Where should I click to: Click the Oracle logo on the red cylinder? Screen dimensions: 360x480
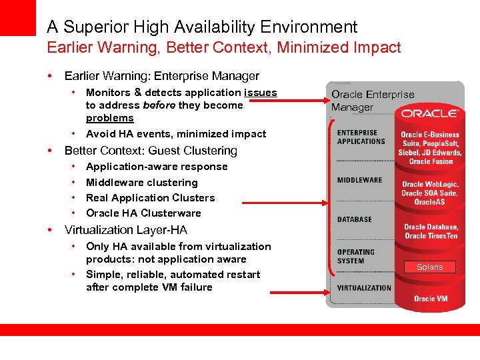pos(430,114)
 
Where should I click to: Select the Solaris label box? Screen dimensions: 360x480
pos(429,267)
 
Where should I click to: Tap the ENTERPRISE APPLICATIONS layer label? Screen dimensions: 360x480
pos(361,137)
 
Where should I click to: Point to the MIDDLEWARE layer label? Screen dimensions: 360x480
pos(360,180)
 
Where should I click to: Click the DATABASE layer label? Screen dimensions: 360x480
pos(355,219)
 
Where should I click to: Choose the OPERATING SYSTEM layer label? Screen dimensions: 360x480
pos(356,257)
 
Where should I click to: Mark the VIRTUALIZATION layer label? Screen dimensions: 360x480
pos(364,288)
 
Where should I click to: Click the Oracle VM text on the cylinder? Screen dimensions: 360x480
pos(430,298)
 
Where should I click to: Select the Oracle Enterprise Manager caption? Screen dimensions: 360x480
pos(373,101)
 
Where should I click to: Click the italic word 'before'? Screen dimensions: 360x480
pos(159,105)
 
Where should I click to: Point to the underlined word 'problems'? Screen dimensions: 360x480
pos(110,118)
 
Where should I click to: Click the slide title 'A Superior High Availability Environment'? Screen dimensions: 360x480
pos(202,27)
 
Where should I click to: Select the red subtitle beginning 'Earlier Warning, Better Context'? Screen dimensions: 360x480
pos(224,47)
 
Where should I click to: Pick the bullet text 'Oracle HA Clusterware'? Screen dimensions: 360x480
pos(143,213)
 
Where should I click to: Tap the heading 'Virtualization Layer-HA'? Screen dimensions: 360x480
pos(125,230)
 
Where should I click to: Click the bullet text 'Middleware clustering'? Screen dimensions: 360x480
pos(142,183)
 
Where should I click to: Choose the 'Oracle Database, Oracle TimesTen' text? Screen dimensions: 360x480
pos(431,231)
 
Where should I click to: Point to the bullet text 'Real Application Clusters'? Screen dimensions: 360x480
pos(151,198)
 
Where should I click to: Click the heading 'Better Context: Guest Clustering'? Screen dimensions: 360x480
pos(151,151)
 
